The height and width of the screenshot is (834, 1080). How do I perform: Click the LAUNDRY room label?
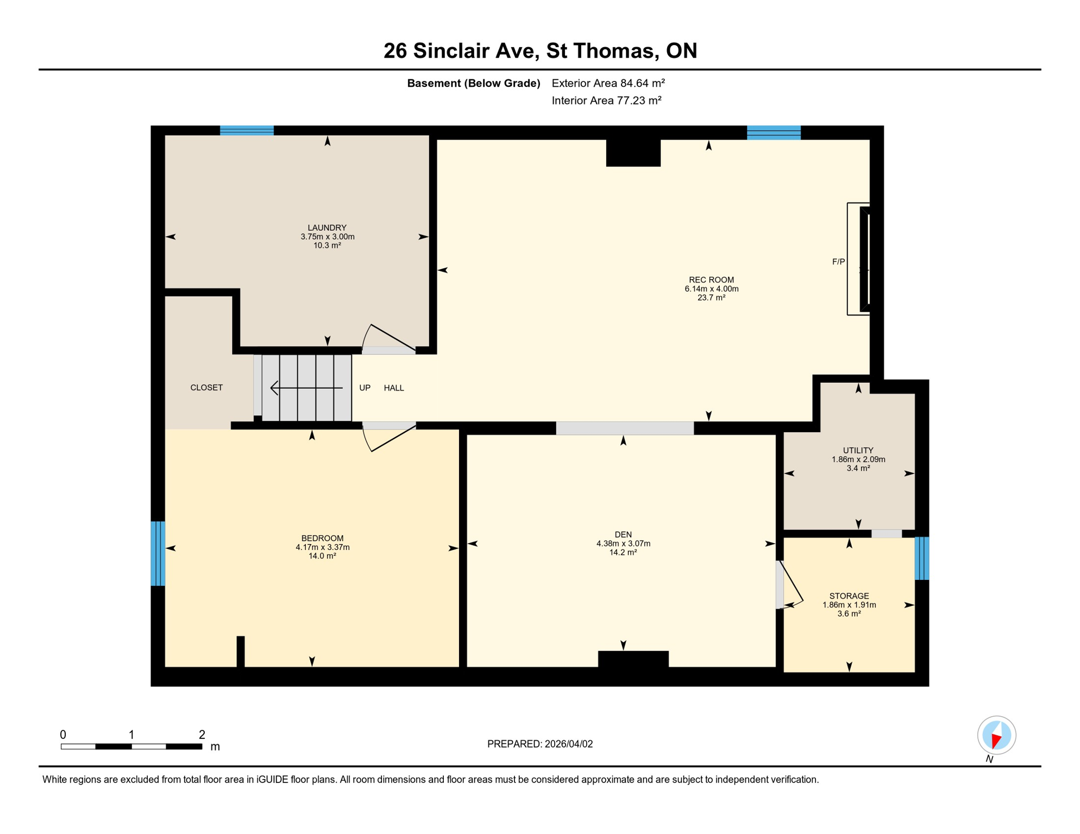click(326, 228)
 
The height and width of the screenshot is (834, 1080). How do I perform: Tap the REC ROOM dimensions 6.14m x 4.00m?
click(711, 289)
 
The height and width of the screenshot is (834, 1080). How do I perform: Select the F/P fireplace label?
click(838, 262)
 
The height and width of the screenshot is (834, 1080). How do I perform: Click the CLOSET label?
click(206, 388)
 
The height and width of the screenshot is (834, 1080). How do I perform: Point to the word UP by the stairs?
click(365, 388)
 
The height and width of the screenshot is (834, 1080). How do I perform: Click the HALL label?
click(394, 388)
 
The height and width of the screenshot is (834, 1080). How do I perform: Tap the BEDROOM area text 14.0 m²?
click(322, 556)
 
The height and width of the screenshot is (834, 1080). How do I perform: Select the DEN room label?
click(623, 535)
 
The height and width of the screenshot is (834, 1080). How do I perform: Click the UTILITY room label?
click(858, 450)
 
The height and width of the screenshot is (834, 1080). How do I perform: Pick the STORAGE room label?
click(849, 596)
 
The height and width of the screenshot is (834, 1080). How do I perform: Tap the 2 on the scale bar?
click(202, 735)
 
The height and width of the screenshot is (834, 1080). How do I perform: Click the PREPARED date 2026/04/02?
click(568, 744)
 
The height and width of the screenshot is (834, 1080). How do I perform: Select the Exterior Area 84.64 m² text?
click(608, 83)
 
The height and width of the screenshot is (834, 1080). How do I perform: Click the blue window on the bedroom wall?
click(158, 553)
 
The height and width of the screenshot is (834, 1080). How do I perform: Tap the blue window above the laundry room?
click(247, 130)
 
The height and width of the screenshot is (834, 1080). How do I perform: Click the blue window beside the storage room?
click(921, 558)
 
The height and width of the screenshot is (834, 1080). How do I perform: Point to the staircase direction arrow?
click(306, 388)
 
